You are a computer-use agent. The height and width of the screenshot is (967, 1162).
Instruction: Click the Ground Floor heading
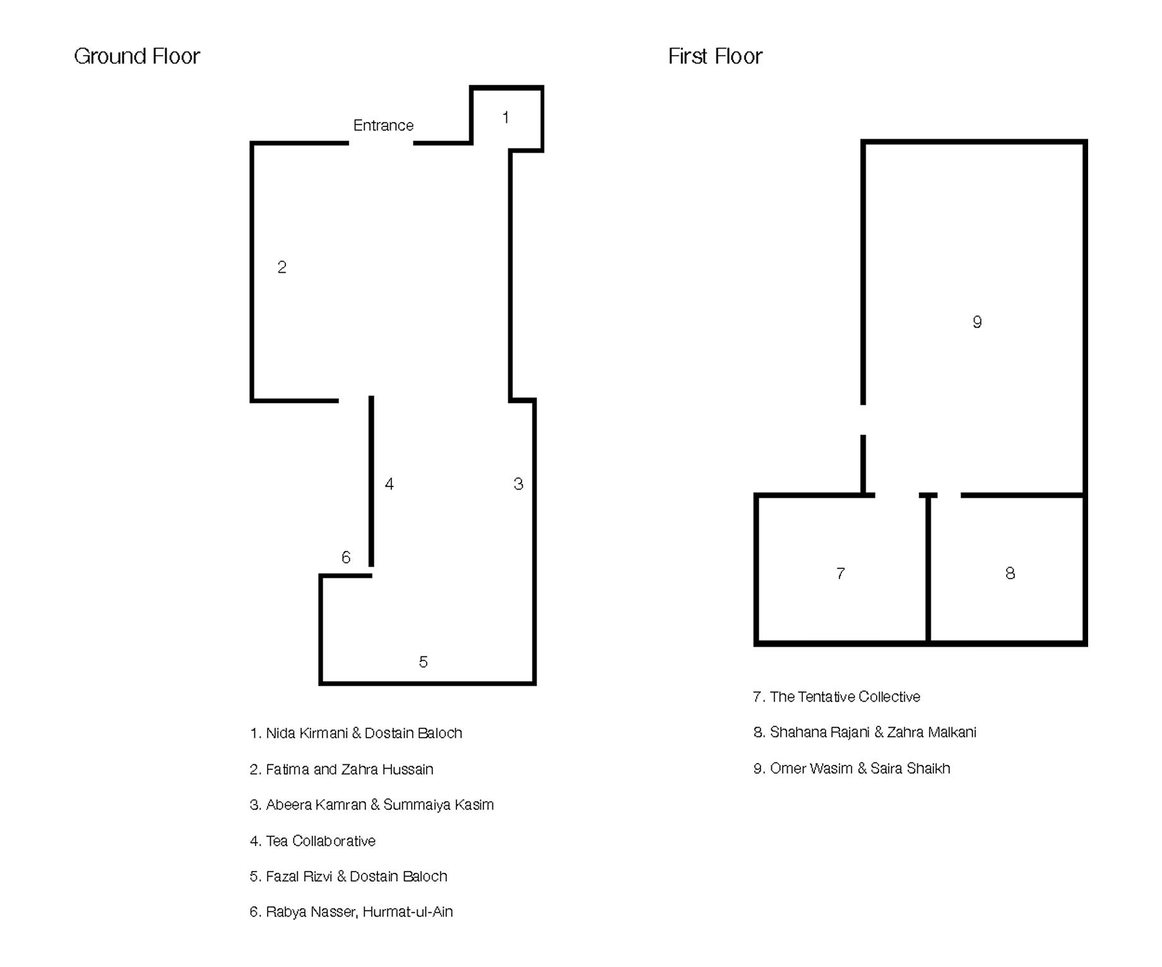[137, 56]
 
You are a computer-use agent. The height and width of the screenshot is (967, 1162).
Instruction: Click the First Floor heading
[715, 56]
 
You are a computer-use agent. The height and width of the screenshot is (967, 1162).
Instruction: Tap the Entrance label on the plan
[383, 125]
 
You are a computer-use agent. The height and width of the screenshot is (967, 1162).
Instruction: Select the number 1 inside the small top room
[506, 117]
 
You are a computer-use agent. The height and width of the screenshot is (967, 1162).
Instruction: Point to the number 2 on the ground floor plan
[282, 267]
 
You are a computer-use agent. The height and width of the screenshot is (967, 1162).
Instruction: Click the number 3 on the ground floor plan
[518, 484]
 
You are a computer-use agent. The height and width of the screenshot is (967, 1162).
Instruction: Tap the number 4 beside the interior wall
[389, 484]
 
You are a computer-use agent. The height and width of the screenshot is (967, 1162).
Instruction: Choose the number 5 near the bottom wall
[424, 662]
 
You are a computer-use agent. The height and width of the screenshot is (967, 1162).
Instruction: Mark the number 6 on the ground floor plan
[346, 557]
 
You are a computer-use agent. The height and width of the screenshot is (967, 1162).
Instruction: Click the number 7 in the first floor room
[841, 573]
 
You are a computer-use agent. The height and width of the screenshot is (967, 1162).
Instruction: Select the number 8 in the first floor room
[1011, 573]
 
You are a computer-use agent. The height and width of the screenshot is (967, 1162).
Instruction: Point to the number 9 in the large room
[977, 322]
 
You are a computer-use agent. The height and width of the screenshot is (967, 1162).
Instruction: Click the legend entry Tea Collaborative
[313, 841]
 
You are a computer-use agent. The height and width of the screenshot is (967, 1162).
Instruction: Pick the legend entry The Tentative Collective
[837, 697]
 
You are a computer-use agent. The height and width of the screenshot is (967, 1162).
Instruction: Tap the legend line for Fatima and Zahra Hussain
[341, 769]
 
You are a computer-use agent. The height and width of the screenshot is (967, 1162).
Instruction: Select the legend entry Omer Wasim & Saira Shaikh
[852, 768]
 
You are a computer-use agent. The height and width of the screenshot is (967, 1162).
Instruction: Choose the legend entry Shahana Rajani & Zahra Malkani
[865, 732]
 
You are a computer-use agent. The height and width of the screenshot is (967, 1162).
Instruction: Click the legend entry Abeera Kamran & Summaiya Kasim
[372, 805]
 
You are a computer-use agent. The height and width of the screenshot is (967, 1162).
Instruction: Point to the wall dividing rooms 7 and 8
[928, 568]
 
